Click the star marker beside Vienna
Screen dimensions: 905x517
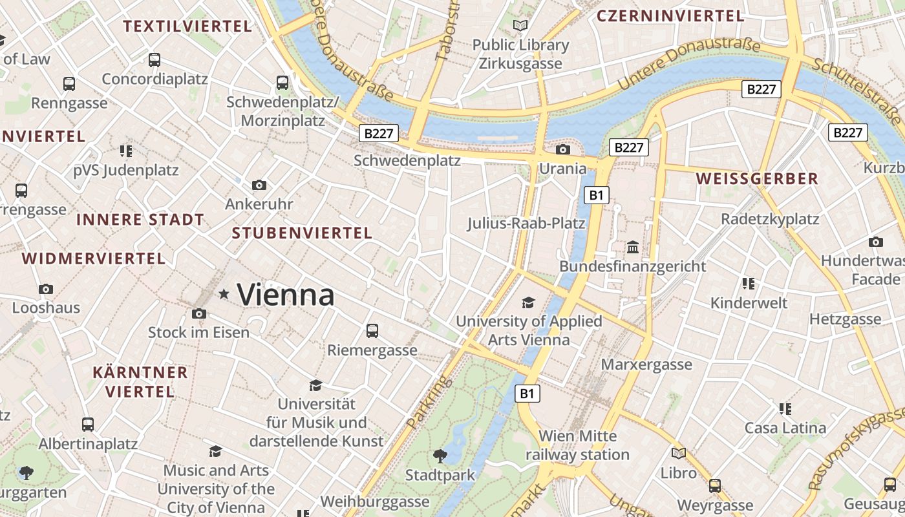224,295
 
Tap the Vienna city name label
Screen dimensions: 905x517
286,295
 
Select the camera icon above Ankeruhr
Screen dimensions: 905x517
259,185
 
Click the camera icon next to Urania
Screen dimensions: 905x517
563,150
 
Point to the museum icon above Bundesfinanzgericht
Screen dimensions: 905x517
633,248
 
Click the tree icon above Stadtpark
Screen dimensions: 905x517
440,456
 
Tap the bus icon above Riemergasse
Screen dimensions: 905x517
372,331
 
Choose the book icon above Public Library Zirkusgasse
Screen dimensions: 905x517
520,26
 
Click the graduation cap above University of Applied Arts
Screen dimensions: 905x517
529,302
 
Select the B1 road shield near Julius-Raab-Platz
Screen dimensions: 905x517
597,195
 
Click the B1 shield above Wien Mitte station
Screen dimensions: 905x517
527,393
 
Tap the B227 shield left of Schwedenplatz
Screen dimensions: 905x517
379,134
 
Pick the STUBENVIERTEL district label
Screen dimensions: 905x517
302,233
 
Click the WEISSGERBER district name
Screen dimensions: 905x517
757,179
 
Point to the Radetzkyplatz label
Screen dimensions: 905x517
770,219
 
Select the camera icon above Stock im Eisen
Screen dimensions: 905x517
199,314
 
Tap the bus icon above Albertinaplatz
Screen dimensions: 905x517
88,425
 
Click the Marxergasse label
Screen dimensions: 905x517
646,364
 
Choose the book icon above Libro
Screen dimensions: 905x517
679,454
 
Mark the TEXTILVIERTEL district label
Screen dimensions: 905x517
187,26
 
